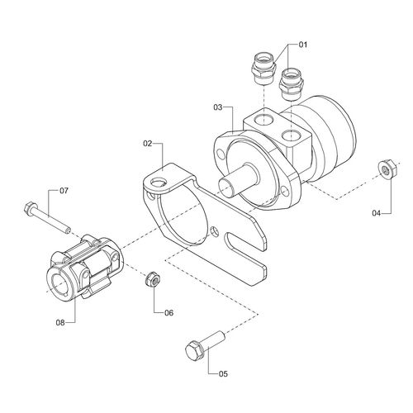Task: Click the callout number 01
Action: [302, 43]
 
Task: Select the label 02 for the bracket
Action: [149, 144]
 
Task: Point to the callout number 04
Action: [377, 213]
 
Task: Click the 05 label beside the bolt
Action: [223, 373]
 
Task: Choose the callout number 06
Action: [169, 313]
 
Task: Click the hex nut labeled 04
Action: [384, 169]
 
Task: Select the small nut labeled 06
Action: [153, 280]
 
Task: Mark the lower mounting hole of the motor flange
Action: [286, 197]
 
